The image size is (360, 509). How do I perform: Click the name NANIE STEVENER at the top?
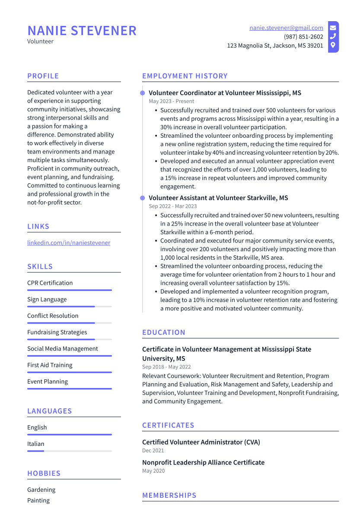pos(82,31)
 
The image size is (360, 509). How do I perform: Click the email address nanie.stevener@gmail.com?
pos(286,28)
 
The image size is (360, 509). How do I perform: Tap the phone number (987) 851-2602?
pos(303,37)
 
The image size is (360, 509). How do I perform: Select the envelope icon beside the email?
pos(333,28)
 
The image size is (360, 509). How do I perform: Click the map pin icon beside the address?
pos(333,45)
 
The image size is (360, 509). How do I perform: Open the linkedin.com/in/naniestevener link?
pos(69,243)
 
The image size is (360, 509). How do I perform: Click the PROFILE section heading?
pos(43,76)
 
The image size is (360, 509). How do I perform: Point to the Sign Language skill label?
pos(47,299)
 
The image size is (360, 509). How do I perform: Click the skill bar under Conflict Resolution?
pos(69,323)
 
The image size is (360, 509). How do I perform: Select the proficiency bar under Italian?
pos(69,451)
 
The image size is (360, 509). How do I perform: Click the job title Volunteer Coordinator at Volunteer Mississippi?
pos(225,93)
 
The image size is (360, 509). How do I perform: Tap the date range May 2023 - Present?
pos(172,101)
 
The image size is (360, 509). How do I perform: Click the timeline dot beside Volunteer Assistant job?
pos(142,198)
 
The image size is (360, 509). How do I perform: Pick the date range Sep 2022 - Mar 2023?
pos(172,206)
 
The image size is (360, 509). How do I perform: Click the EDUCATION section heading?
pos(163,332)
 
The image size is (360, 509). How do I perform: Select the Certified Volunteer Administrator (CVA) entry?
pos(201,442)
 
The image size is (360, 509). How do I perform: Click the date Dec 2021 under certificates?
pos(153,450)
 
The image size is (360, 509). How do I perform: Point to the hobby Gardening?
pos(41,490)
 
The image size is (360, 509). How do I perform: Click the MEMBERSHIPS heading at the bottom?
pos(169,495)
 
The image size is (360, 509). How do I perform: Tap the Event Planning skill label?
pos(48,382)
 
